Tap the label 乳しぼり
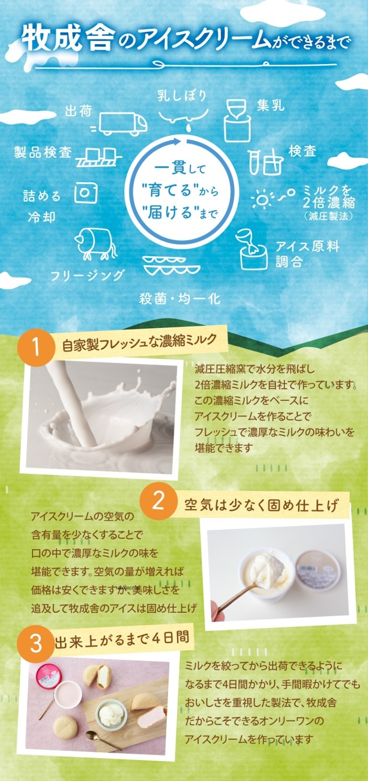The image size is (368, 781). tap(182, 95)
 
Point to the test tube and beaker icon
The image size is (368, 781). tap(265, 162)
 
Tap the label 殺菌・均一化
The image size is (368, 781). tap(180, 298)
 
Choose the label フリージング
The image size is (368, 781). tap(87, 275)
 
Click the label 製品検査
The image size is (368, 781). tap(43, 153)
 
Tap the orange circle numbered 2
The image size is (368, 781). tap(158, 501)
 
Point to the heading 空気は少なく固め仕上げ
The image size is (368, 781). tap(261, 505)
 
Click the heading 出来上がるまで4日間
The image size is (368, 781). tap(122, 639)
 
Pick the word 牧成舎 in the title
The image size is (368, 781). tap(68, 39)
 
